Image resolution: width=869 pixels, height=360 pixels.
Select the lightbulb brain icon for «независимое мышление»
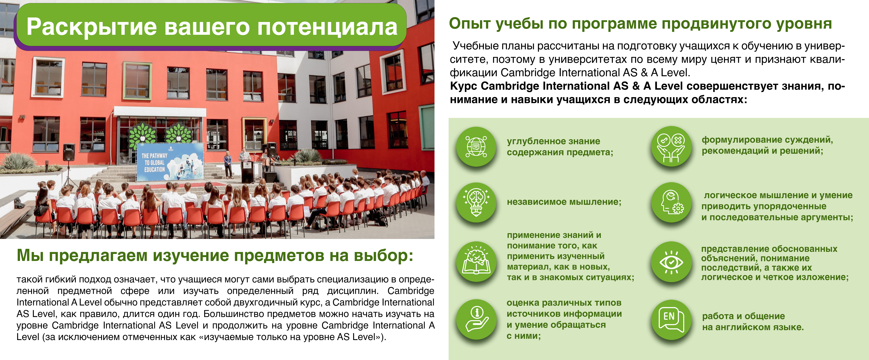pyautogui.click(x=476, y=202)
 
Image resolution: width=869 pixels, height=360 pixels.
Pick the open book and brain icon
pyautogui.click(x=476, y=262)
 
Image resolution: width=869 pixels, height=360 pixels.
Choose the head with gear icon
pyautogui.click(x=671, y=202)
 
